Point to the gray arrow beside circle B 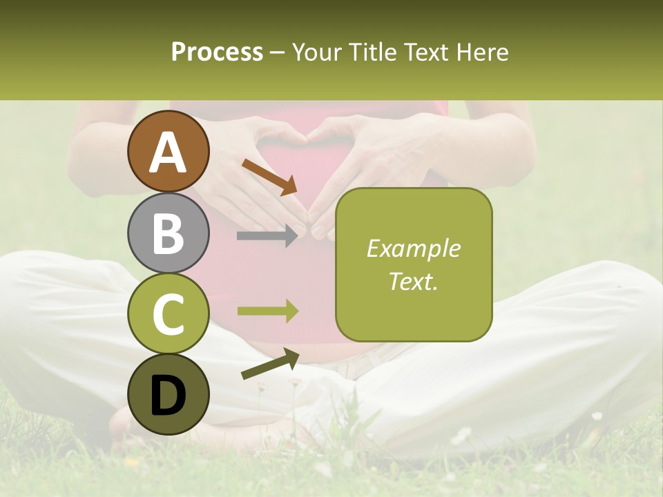tap(268, 236)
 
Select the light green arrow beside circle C tap(268, 311)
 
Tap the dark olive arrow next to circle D tap(270, 364)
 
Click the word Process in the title tap(217, 52)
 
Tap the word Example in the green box tap(413, 248)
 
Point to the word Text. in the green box tap(413, 281)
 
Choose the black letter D tap(168, 395)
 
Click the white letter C tap(168, 315)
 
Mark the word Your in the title tap(317, 52)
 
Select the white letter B tap(168, 233)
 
